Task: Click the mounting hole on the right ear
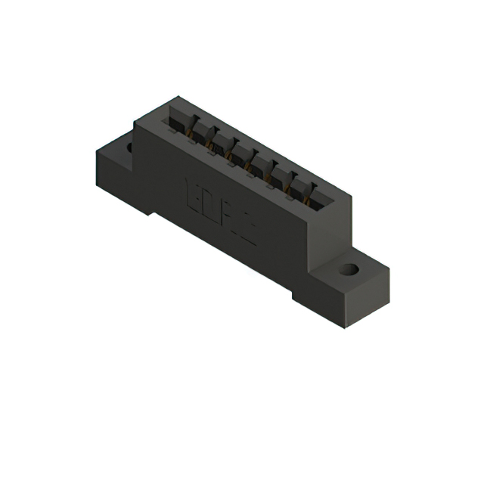click(348, 269)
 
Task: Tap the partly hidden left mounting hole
click(129, 146)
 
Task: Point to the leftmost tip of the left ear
click(97, 154)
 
